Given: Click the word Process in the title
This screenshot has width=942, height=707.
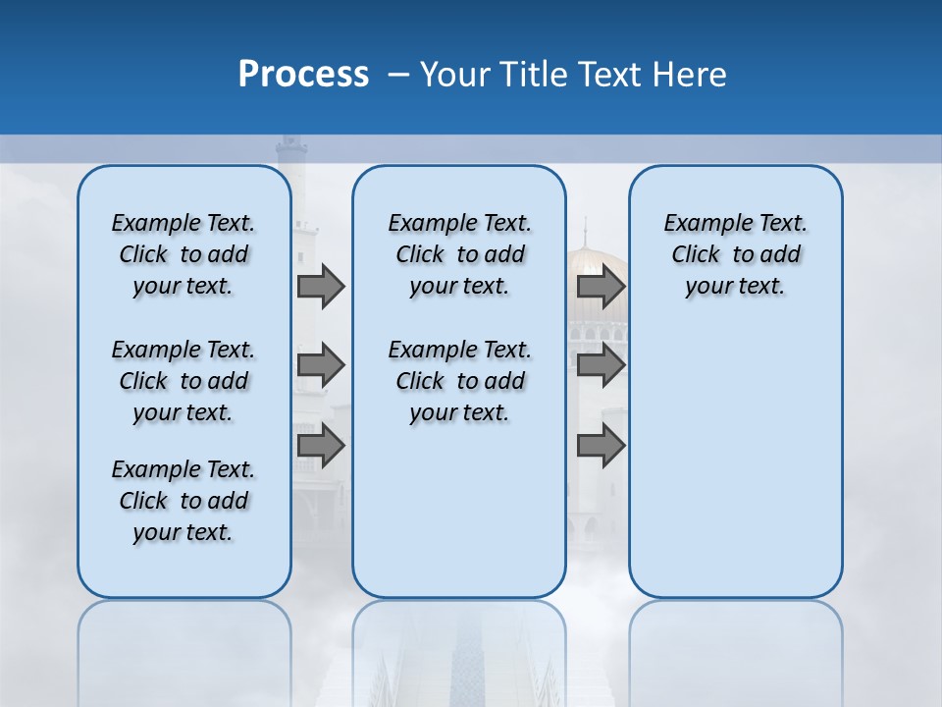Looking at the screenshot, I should (303, 75).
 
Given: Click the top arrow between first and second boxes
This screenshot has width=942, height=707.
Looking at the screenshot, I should (321, 286).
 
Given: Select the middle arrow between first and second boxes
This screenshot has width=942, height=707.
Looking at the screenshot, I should (321, 365).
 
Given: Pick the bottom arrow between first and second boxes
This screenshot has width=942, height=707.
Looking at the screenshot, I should (321, 446).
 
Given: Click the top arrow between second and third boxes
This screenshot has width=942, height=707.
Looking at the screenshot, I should (601, 286).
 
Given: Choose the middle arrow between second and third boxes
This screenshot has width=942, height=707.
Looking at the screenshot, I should (601, 365).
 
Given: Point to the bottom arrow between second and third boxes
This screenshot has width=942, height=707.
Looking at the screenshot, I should (601, 446).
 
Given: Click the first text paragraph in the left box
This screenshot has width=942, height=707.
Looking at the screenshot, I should (183, 254).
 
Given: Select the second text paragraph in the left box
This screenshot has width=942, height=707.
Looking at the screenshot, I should (183, 381).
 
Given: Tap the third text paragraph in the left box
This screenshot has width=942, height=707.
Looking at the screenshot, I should (183, 501).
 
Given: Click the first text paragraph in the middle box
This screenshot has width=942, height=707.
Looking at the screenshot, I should (459, 254).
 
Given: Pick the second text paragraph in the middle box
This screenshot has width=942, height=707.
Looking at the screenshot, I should (459, 381).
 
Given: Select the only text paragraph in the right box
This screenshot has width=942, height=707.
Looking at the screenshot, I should (735, 254).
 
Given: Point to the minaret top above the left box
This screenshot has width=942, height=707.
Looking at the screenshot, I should (291, 152).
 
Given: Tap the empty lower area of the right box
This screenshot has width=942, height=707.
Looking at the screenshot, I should (735, 471).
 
